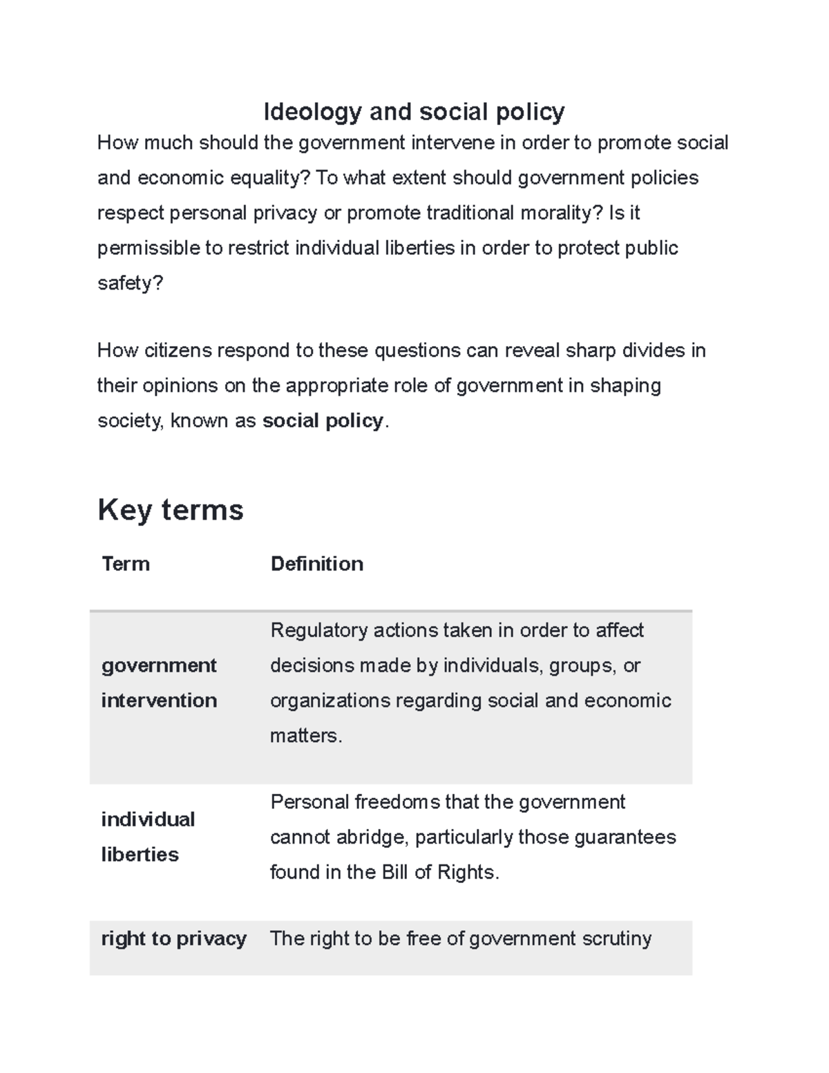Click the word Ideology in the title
tap(312, 111)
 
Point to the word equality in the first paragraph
tap(268, 178)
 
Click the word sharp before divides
tap(591, 351)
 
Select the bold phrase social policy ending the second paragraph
tap(323, 421)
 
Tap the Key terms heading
tap(171, 510)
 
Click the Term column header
tap(126, 564)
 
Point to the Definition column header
tap(316, 564)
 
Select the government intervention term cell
tap(159, 683)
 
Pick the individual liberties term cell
tap(148, 837)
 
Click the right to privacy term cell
tap(173, 939)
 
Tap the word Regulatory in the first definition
tap(319, 630)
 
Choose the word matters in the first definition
tap(305, 736)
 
